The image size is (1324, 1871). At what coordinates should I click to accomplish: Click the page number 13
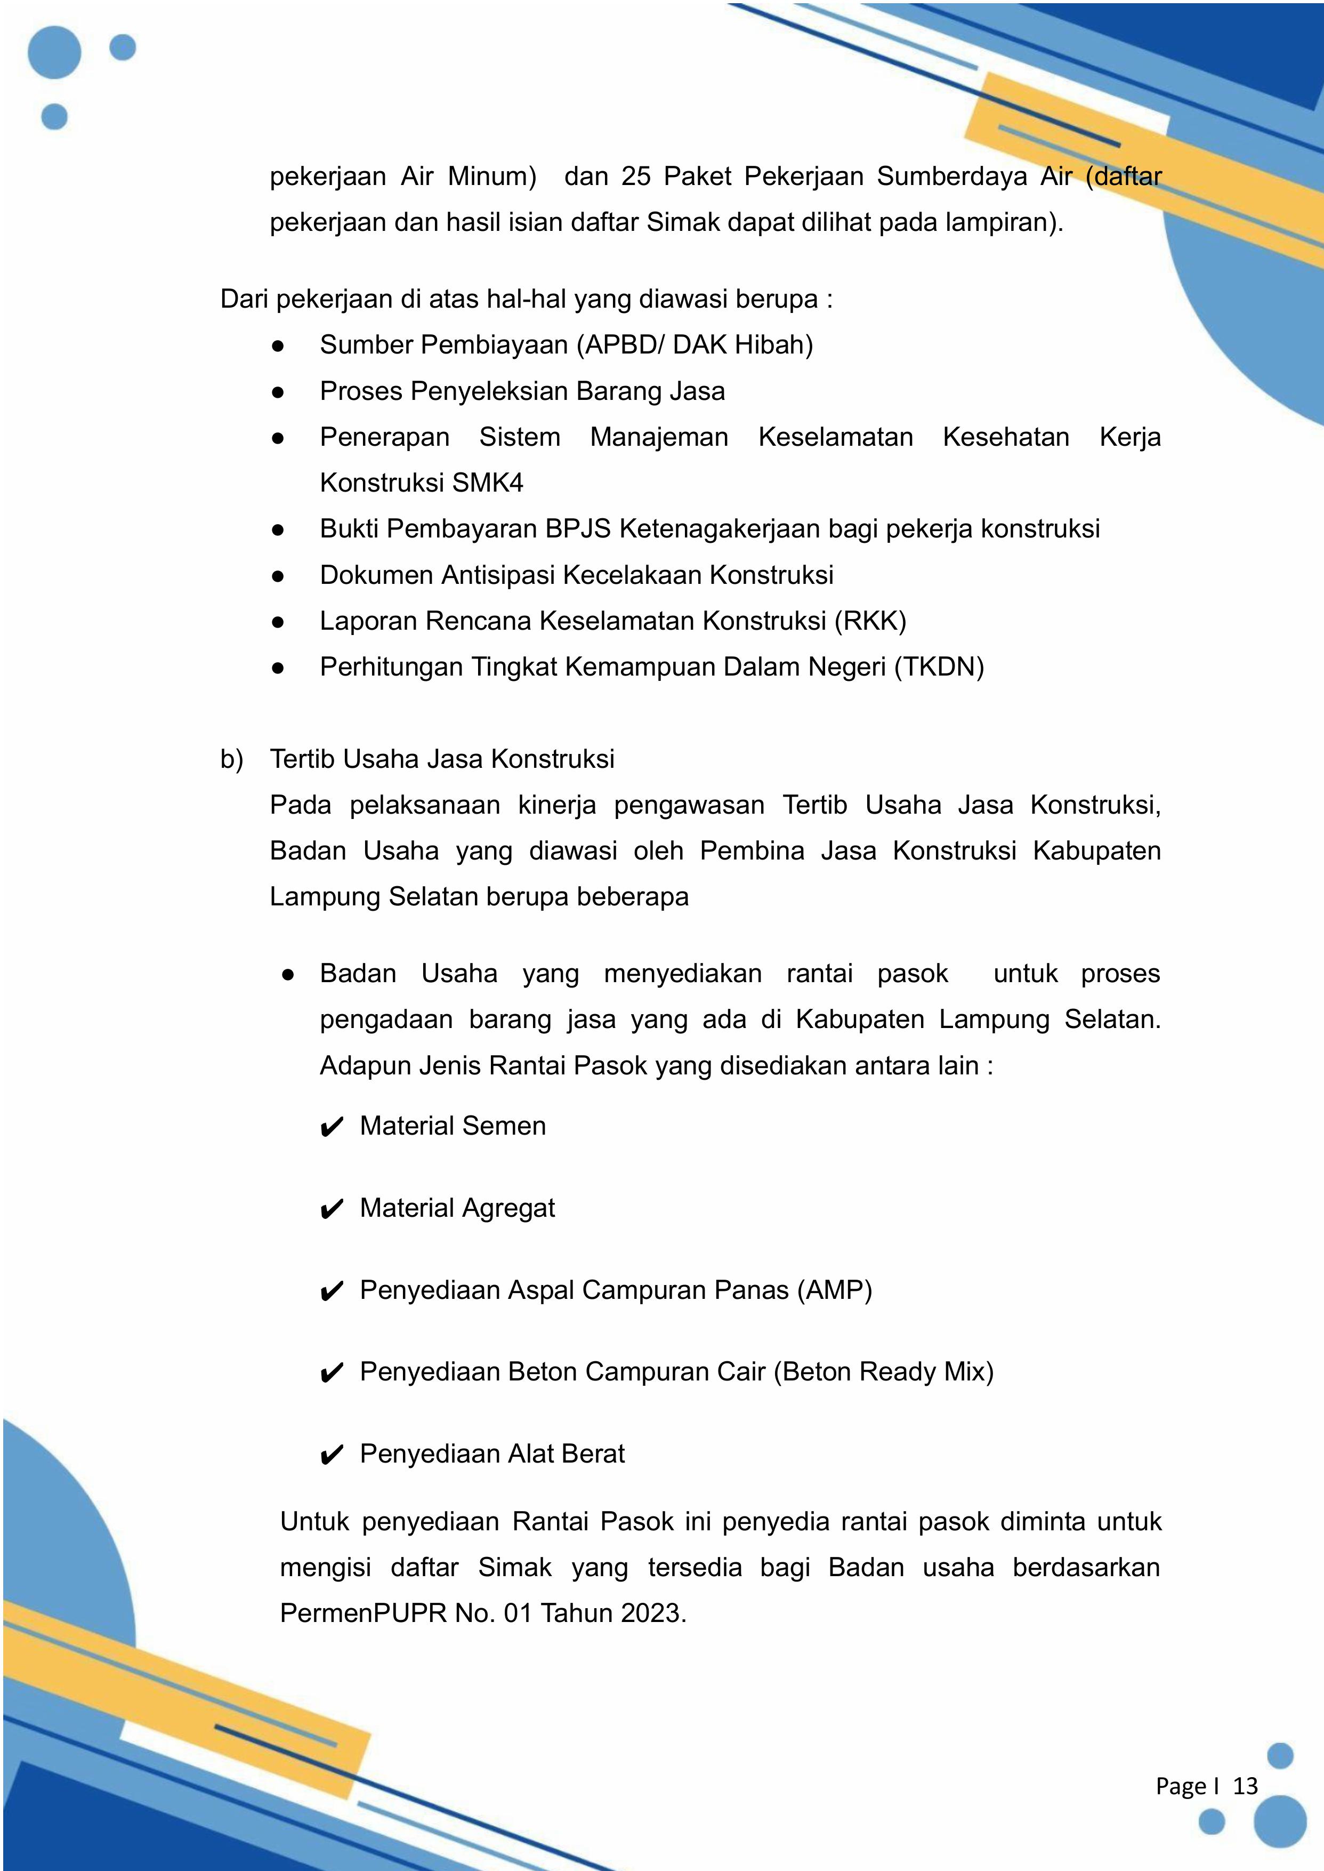click(1245, 1786)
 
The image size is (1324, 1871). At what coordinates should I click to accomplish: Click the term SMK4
click(488, 483)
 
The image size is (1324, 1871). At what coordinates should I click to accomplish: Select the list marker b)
click(231, 759)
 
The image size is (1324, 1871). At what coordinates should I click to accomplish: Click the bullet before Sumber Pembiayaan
click(278, 346)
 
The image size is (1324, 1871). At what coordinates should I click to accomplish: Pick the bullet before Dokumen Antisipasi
click(278, 576)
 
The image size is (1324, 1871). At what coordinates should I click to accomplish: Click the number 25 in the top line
click(636, 176)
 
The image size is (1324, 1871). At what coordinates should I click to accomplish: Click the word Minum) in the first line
click(493, 176)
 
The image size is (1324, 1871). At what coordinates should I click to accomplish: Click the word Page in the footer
click(1181, 1786)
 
